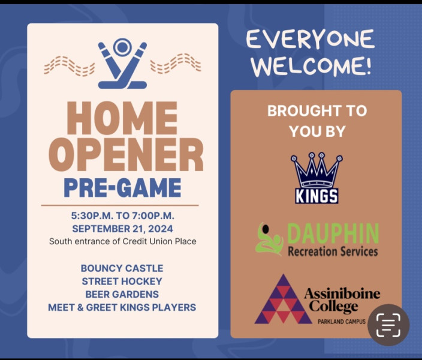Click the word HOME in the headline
122,118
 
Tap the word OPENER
126,154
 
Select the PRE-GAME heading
122,188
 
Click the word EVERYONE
311,40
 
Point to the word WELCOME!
311,65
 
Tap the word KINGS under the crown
316,196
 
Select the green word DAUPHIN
333,233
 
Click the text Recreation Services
333,251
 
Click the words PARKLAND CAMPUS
342,322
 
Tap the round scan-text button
388,325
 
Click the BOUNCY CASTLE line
122,268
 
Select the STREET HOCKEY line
122,281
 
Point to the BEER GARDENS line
122,294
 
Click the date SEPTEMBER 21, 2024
122,229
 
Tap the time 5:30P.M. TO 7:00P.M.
122,216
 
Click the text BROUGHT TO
317,111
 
